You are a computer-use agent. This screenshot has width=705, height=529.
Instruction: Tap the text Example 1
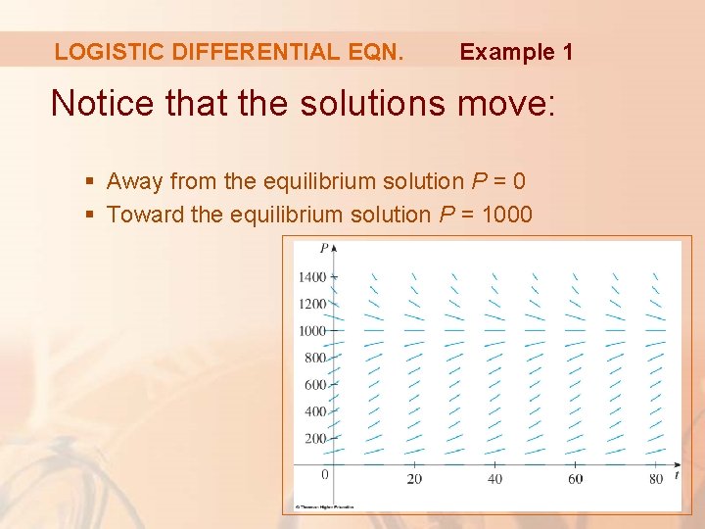(x=516, y=52)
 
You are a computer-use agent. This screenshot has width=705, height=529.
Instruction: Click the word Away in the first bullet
(x=134, y=181)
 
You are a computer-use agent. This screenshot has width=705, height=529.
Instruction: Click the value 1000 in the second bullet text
(x=506, y=214)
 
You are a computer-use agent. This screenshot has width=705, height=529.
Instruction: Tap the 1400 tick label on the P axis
(x=311, y=277)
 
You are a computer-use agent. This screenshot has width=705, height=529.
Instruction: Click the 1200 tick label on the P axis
(x=311, y=304)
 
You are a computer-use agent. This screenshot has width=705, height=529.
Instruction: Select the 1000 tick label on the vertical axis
(x=311, y=331)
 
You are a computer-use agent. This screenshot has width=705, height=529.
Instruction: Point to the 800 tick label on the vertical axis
(x=314, y=359)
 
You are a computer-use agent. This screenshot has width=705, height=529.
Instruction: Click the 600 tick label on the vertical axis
(x=314, y=385)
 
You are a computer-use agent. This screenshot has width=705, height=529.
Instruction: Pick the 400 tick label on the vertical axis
(x=314, y=412)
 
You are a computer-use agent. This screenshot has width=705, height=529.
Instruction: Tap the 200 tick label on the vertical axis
(x=314, y=439)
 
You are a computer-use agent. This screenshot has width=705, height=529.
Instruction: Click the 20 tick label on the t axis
(x=413, y=478)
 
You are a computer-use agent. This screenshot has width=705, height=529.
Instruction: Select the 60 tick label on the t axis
(x=575, y=478)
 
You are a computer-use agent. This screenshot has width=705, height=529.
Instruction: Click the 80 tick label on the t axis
(x=655, y=478)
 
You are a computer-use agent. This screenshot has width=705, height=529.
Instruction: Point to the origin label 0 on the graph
(x=325, y=475)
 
